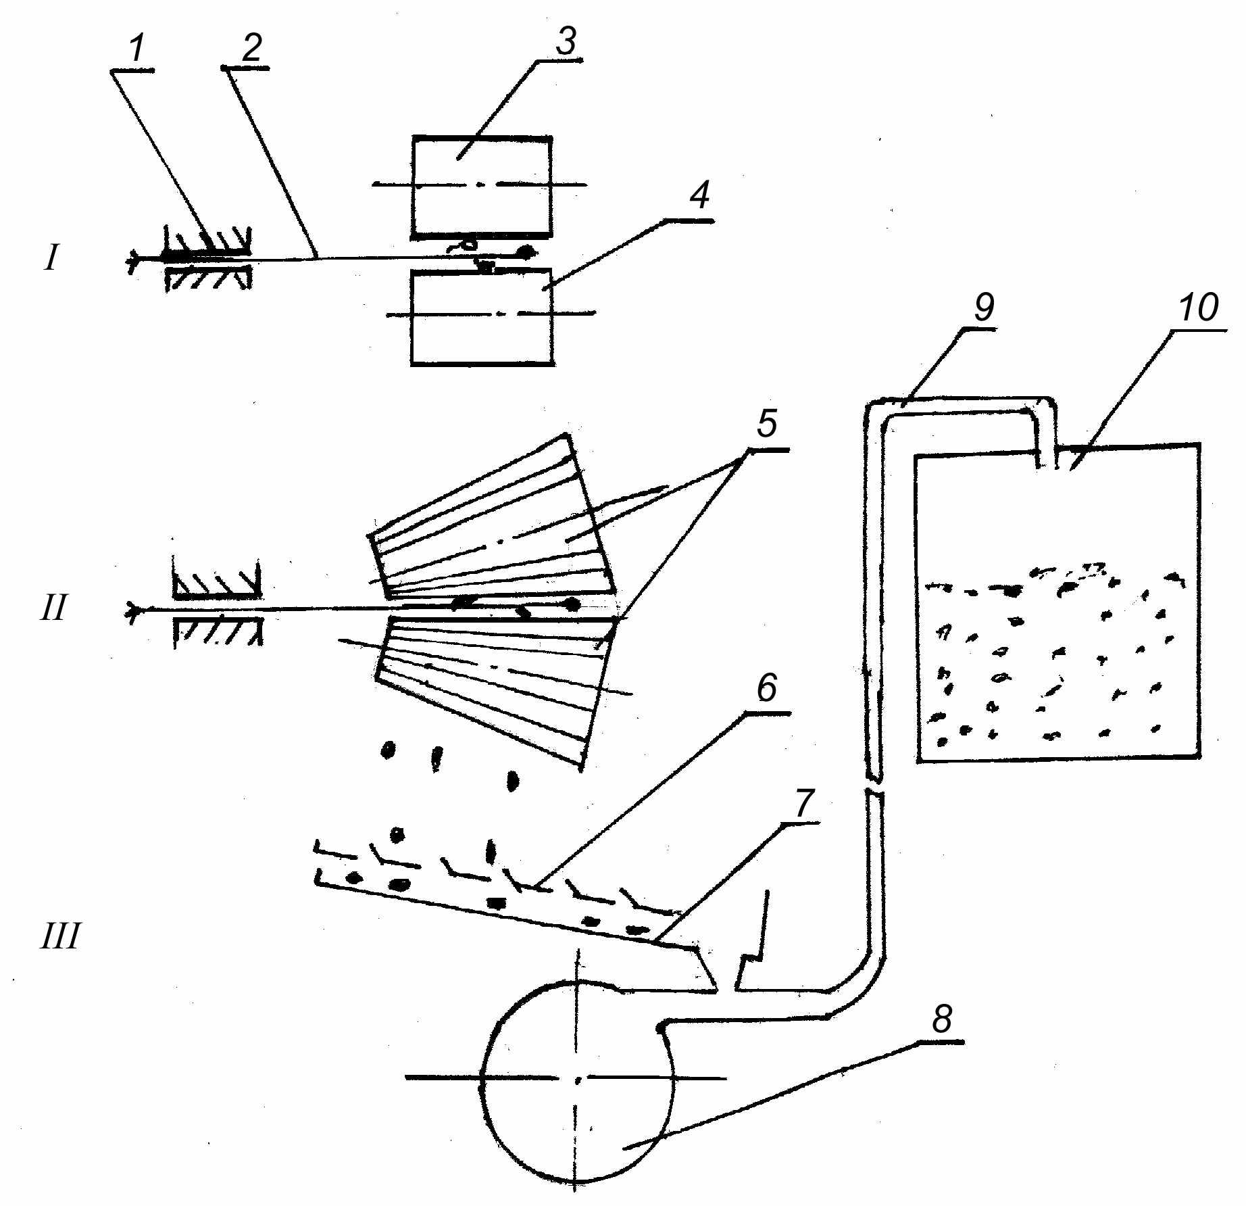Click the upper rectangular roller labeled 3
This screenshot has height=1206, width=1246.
[482, 186]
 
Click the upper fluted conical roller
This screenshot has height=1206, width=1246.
[491, 518]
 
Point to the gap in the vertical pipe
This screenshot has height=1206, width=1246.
[874, 787]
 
